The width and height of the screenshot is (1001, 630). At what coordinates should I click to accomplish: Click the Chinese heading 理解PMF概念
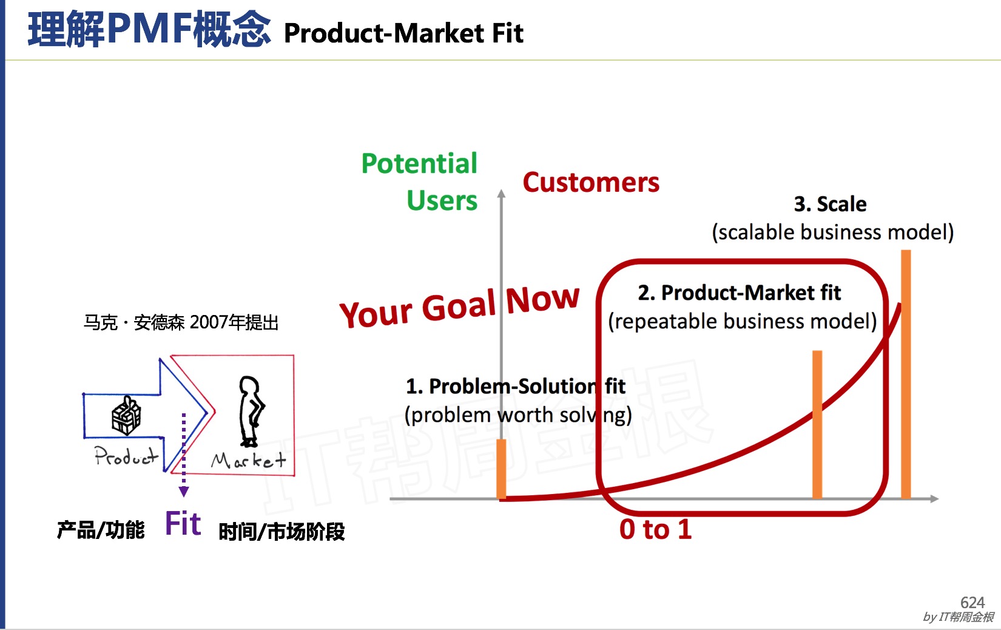[x=149, y=30]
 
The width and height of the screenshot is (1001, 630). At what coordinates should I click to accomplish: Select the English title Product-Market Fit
[x=403, y=33]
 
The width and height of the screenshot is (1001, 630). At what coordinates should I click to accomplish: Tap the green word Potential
[x=419, y=163]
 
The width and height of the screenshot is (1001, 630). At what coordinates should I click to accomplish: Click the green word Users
[x=442, y=200]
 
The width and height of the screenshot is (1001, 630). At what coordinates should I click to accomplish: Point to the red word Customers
[x=591, y=183]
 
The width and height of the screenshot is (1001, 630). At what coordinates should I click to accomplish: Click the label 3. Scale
[x=831, y=204]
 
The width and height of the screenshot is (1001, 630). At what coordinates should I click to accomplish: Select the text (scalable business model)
[x=833, y=232]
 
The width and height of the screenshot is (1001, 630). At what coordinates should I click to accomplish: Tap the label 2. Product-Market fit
[x=739, y=293]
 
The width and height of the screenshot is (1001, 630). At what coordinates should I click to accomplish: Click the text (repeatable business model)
[x=743, y=321]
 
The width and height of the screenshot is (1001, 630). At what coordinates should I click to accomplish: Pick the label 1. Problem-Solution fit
[x=515, y=387]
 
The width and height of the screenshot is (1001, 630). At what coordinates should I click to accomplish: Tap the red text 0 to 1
[x=656, y=529]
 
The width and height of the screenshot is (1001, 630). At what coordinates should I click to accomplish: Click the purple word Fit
[x=183, y=523]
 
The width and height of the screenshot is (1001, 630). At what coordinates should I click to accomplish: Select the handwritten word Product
[x=126, y=456]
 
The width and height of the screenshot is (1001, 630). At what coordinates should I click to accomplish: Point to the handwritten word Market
[x=249, y=460]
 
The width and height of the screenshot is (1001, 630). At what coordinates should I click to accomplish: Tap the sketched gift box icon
[x=126, y=415]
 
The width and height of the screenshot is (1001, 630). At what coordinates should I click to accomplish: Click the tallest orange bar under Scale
[x=906, y=374]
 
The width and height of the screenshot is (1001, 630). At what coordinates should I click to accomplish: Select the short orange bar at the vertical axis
[x=501, y=469]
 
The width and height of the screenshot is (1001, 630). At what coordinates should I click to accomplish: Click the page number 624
[x=972, y=602]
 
